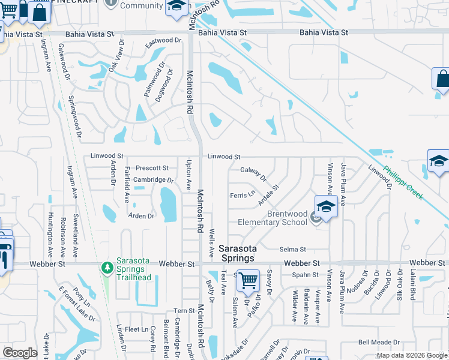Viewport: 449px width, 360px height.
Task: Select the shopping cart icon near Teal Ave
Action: pos(247,280)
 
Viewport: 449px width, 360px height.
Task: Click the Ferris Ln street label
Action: pos(243,195)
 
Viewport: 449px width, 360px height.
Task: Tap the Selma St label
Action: pos(293,249)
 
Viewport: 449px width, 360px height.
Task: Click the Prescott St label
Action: pos(152,168)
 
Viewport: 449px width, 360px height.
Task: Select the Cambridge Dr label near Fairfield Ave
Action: pos(153,180)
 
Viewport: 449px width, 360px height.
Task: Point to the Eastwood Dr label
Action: pos(163,41)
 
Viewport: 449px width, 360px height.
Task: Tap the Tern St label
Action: pos(181,311)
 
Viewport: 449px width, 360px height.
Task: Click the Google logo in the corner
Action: pos(20,353)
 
